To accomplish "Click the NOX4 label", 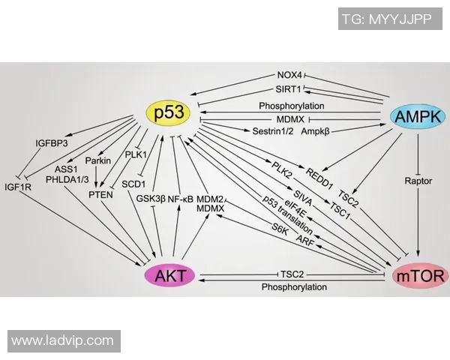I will pos(289,76).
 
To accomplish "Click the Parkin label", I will pos(98,160).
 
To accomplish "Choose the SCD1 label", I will pos(133,182).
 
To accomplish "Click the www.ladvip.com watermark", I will pos(62,341).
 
